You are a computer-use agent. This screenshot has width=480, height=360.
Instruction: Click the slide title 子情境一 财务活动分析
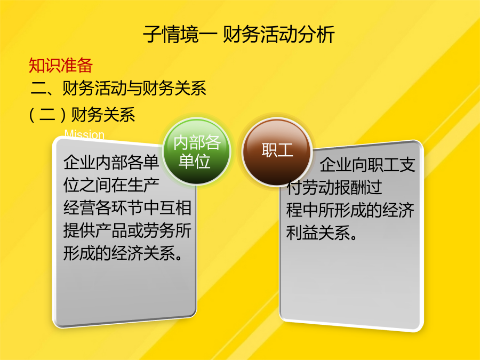point(239,34)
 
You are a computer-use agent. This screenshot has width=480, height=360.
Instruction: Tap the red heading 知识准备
point(61,65)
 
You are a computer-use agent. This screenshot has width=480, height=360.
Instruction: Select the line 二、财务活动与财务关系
point(118,88)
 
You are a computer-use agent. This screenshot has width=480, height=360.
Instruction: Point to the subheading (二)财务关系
point(82,115)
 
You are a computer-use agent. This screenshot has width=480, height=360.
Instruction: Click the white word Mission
point(84,134)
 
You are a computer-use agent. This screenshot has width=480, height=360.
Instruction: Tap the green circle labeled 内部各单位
point(196,151)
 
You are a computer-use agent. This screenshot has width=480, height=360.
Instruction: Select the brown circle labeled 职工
point(277,151)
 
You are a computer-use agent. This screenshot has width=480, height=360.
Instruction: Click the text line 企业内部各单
point(111,162)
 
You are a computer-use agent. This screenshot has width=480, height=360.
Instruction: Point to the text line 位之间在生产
point(111,185)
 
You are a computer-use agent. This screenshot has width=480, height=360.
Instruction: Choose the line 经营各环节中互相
point(127,208)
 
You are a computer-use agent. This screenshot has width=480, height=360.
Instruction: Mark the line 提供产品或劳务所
point(127,230)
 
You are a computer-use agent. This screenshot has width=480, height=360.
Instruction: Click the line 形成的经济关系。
point(123,253)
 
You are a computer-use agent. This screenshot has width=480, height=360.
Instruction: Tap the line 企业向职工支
point(367,165)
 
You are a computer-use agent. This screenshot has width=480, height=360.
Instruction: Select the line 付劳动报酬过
point(334,187)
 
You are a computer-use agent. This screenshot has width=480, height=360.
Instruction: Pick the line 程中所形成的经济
point(350,210)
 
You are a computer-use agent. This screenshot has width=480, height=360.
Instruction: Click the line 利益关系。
point(322,233)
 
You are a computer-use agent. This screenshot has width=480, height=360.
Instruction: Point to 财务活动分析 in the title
point(278,34)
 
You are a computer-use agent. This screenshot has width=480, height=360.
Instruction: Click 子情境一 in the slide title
point(180,34)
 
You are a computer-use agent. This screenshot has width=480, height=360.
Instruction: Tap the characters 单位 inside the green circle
point(194,161)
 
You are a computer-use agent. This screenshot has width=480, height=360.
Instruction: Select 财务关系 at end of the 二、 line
point(174,88)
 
